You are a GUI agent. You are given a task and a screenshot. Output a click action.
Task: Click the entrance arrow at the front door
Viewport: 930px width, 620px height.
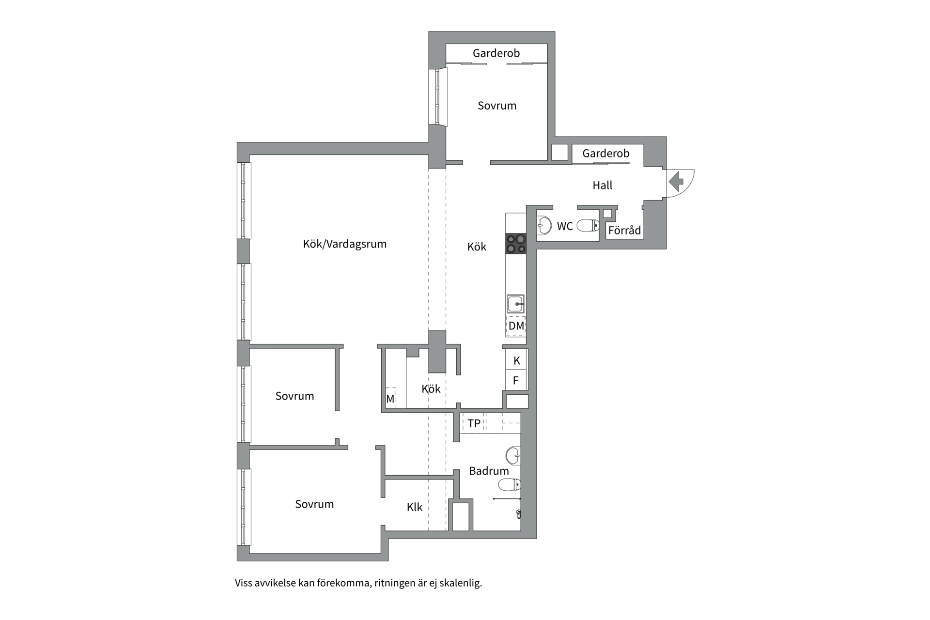pos(676,182)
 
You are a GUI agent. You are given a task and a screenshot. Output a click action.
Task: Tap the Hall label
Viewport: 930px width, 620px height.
pos(603,185)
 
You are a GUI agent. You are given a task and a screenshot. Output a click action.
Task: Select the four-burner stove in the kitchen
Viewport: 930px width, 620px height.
pos(516,244)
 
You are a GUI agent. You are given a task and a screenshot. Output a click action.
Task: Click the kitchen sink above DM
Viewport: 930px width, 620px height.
pos(516,304)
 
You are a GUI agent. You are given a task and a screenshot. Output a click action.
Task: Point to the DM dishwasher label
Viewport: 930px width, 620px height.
pos(516,325)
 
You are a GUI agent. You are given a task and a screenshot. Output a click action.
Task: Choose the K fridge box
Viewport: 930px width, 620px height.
pos(516,360)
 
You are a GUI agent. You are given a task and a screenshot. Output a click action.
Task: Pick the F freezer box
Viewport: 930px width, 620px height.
pos(516,380)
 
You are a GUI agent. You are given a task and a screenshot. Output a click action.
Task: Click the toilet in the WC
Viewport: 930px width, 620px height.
pos(589,226)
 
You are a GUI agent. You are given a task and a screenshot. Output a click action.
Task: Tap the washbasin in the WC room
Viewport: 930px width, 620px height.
pos(544,225)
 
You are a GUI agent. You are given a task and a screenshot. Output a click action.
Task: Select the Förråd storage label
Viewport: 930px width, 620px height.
pos(625,231)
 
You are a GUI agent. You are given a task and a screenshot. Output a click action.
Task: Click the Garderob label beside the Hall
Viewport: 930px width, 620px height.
pos(606,154)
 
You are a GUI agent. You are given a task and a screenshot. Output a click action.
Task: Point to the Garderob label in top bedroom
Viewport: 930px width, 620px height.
pos(496,53)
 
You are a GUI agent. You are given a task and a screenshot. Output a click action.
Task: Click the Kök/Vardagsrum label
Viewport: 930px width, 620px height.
pos(345,244)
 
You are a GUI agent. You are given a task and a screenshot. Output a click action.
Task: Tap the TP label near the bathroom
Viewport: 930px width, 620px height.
pos(474,423)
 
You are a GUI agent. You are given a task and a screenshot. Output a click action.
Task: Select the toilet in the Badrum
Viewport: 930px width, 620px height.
pos(510,484)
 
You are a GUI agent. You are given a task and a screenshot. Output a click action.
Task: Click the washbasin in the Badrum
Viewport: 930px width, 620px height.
pos(513,455)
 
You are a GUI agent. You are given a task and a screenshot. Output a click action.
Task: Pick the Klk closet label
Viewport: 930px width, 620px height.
pos(415,507)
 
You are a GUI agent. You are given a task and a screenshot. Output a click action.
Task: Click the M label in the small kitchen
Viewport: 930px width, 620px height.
pos(390,400)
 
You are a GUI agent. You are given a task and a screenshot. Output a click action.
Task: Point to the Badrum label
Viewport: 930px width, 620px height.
pos(489,471)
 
